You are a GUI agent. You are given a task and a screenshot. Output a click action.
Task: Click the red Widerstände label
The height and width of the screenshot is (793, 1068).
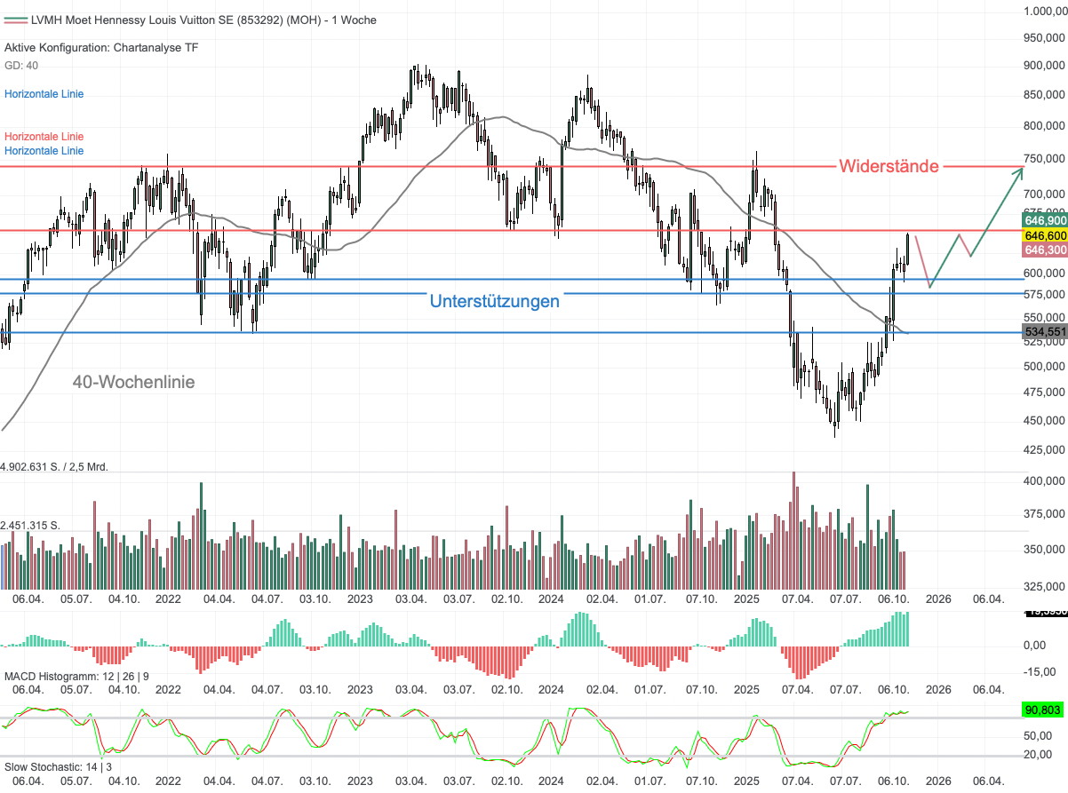889,166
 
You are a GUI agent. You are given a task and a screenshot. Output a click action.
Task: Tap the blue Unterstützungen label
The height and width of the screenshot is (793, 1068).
494,301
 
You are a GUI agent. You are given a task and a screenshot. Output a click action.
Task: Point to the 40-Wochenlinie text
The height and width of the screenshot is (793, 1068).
133,382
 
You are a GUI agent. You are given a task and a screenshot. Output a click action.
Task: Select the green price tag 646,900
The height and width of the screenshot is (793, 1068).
1045,219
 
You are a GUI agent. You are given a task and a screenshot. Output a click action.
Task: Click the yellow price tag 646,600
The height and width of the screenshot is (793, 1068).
1045,235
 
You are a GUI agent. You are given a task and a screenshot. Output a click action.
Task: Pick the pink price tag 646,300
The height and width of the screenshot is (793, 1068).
1045,250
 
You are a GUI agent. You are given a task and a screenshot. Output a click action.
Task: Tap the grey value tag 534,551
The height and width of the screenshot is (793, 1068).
1045,332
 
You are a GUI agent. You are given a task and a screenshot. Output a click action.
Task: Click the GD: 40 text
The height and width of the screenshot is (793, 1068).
21,66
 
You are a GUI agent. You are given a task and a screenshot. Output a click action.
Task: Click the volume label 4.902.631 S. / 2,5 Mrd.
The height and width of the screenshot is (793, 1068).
54,466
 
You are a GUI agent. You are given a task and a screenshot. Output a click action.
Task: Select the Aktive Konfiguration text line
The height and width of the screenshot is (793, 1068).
101,48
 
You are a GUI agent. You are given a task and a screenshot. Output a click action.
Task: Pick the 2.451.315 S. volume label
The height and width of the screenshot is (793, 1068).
30,526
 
